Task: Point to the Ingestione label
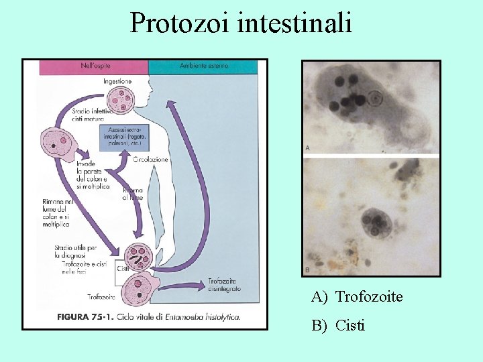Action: pyautogui.click(x=118, y=82)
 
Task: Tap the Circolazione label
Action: pyautogui.click(x=150, y=160)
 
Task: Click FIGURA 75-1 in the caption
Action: pyautogui.click(x=83, y=316)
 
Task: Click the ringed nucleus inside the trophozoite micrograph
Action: pyautogui.click(x=374, y=100)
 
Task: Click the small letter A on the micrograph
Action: pyautogui.click(x=307, y=147)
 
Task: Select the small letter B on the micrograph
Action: pyautogui.click(x=307, y=269)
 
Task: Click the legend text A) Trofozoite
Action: pyautogui.click(x=357, y=296)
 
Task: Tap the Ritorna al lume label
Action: pyautogui.click(x=133, y=194)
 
